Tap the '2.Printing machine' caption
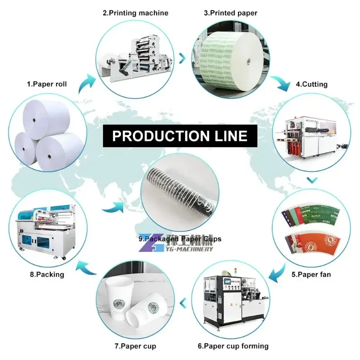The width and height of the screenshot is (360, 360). [x=135, y=13]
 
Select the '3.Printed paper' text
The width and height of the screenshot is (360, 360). [x=230, y=13]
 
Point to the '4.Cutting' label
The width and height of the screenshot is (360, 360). [x=311, y=84]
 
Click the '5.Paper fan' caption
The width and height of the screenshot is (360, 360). [x=312, y=273]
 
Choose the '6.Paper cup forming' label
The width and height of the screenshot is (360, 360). [x=233, y=346]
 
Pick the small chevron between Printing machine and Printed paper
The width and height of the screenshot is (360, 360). [x=182, y=58]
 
